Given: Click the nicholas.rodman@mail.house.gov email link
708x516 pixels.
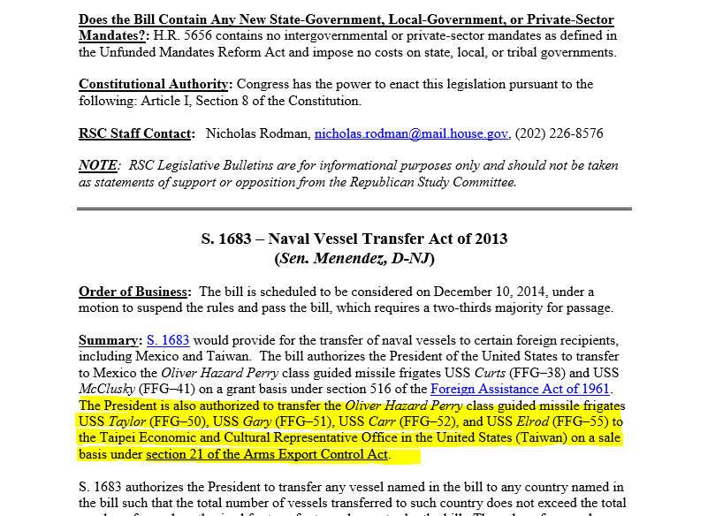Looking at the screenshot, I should (411, 133).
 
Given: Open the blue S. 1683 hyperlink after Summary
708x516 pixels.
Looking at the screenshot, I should (168, 340).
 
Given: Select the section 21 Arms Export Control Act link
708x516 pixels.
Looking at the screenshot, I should (267, 455).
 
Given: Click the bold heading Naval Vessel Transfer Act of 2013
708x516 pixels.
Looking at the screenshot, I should (388, 239).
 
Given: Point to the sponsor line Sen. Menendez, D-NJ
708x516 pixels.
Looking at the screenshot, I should (354, 258).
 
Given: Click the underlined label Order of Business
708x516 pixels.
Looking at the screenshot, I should (133, 292).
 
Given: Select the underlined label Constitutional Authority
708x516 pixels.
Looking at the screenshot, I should (154, 85).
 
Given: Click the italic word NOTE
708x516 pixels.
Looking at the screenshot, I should (97, 166).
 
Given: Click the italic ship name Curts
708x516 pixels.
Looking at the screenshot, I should (485, 372).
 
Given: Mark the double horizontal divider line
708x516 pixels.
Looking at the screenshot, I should (354, 209).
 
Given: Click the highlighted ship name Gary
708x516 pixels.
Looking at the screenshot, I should (257, 421).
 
